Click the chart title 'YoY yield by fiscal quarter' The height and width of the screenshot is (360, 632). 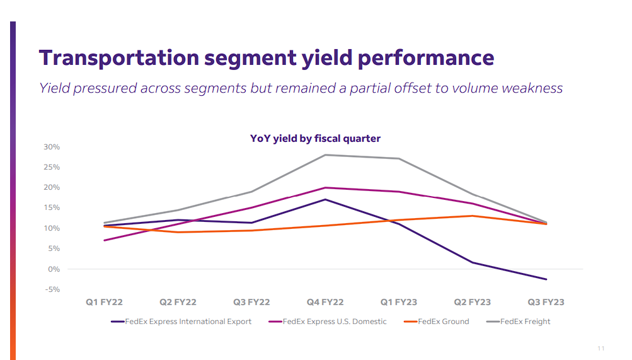pyautogui.click(x=315, y=138)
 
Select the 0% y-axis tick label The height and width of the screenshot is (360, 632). pyautogui.click(x=54, y=269)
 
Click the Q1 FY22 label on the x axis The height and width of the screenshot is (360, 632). pyautogui.click(x=105, y=302)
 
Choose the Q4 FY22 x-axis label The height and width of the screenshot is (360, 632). pyautogui.click(x=325, y=302)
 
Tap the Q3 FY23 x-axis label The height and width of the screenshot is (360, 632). pyautogui.click(x=546, y=302)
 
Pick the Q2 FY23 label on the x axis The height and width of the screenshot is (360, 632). pyautogui.click(x=472, y=302)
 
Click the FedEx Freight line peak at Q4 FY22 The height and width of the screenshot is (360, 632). pyautogui.click(x=325, y=155)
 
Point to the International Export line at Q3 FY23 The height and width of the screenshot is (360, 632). pyautogui.click(x=546, y=279)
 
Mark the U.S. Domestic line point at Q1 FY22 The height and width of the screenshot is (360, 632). pyautogui.click(x=105, y=240)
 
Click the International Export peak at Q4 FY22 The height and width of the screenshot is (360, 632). pyautogui.click(x=325, y=199)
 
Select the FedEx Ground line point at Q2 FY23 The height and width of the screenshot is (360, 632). pyautogui.click(x=472, y=216)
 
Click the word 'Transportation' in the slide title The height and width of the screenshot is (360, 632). pyautogui.click(x=120, y=57)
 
